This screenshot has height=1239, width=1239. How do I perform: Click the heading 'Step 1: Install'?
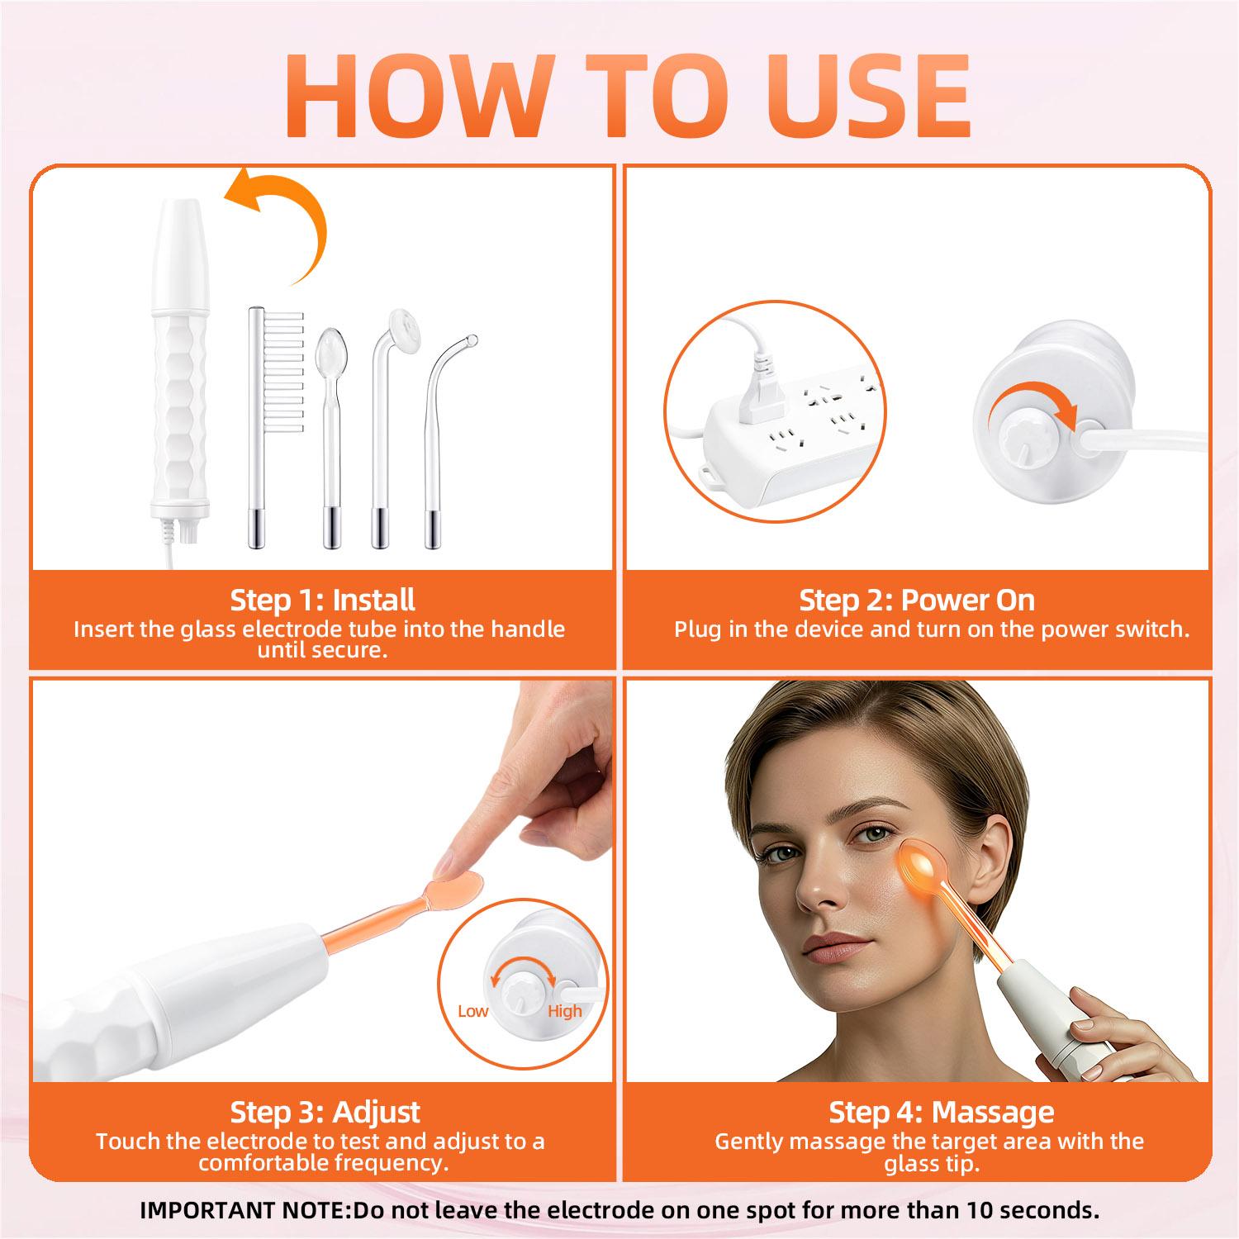click(x=322, y=600)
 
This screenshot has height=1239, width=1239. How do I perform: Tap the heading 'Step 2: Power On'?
click(x=917, y=600)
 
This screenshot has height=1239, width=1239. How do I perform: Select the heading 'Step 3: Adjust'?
click(x=325, y=1112)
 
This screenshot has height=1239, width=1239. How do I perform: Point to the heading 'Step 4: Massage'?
click(x=942, y=1112)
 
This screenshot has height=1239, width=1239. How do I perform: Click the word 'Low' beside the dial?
click(x=472, y=1011)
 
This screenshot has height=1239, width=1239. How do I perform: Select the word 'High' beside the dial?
click(x=565, y=1011)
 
